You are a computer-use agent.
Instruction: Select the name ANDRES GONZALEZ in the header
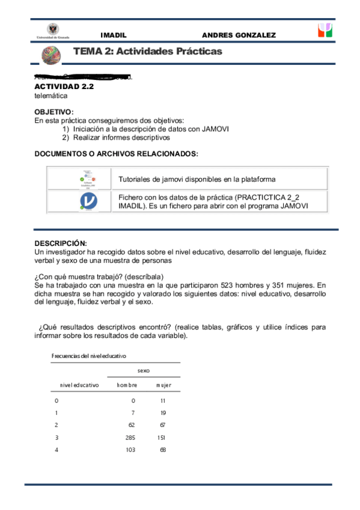point(239,35)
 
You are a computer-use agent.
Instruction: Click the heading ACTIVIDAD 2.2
point(64,87)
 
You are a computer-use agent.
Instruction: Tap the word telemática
point(51,96)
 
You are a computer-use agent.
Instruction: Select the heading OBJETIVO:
point(54,112)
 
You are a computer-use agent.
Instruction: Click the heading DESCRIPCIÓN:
point(61,243)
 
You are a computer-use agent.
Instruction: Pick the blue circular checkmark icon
point(88,201)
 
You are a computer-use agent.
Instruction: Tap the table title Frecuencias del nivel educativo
point(89,356)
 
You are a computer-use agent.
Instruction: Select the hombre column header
point(127,385)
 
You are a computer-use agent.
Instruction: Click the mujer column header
point(163,385)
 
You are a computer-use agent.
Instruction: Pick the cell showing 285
point(129,437)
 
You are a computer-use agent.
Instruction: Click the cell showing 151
point(161,437)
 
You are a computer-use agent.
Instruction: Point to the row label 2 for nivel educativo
point(56,425)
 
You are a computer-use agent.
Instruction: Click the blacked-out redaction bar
point(90,76)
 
